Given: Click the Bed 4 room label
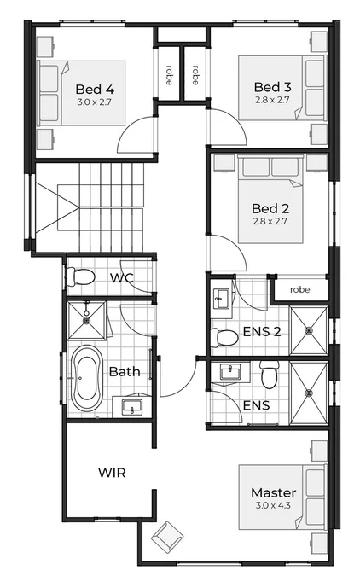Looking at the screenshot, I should (x=95, y=89).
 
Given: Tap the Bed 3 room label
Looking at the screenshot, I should (x=273, y=87).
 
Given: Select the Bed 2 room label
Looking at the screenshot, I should (x=272, y=208).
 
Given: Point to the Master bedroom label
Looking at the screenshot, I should (x=273, y=492).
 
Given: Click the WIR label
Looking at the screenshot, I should (x=112, y=472).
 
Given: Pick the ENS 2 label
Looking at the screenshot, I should (x=262, y=330).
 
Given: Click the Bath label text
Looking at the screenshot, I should (x=125, y=371).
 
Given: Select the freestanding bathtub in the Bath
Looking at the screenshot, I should (x=86, y=377).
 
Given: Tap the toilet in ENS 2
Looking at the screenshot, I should (x=223, y=336).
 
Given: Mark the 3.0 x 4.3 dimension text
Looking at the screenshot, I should (x=273, y=506).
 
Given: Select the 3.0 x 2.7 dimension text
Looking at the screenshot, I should (x=95, y=102).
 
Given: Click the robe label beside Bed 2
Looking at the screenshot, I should (x=299, y=289).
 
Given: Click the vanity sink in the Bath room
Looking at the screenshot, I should (x=131, y=405).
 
